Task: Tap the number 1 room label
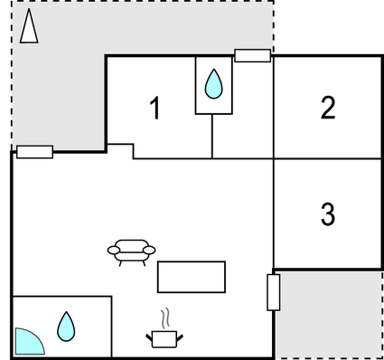(x=155, y=109)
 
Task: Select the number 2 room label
(x=328, y=108)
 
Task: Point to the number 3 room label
(x=328, y=214)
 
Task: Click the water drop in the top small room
(x=213, y=84)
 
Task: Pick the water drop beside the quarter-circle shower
(x=66, y=326)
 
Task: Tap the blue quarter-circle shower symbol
(x=27, y=341)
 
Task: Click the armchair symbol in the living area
(x=131, y=251)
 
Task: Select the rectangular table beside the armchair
(x=192, y=277)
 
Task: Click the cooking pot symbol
(x=164, y=338)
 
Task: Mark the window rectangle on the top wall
(x=252, y=56)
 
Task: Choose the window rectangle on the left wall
(x=34, y=152)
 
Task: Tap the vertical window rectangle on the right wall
(x=274, y=292)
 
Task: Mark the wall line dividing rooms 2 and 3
(x=328, y=159)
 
